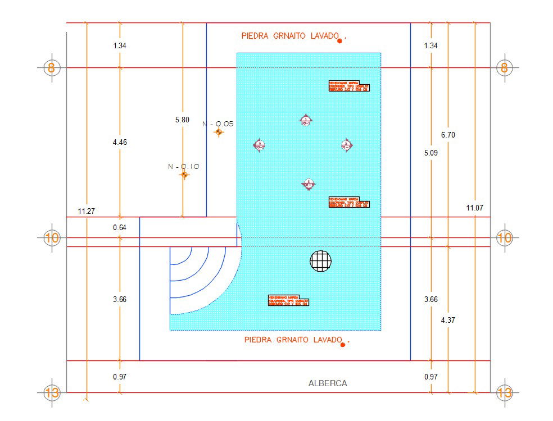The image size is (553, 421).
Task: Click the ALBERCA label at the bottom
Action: pyautogui.click(x=328, y=383)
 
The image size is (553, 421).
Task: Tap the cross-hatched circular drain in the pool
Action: pyautogui.click(x=320, y=260)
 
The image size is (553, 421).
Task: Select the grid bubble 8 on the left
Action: pyautogui.click(x=52, y=68)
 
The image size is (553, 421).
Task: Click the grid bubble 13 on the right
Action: pyautogui.click(x=504, y=393)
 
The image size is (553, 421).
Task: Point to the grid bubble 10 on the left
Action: pyautogui.click(x=52, y=237)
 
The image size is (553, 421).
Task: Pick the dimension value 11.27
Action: pyautogui.click(x=86, y=211)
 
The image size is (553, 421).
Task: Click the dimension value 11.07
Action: pyautogui.click(x=475, y=208)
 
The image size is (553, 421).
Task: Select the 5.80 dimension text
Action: pyautogui.click(x=182, y=120)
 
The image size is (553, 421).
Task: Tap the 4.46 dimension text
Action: pyautogui.click(x=119, y=143)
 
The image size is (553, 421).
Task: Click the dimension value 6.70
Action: pyautogui.click(x=447, y=135)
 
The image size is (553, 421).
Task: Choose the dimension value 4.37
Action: pyautogui.click(x=447, y=320)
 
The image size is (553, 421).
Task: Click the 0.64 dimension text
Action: pyautogui.click(x=119, y=227)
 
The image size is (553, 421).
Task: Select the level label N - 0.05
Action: pyautogui.click(x=217, y=123)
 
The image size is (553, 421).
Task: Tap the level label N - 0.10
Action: pyautogui.click(x=184, y=166)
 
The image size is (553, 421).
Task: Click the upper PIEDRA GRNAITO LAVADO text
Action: pyautogui.click(x=289, y=36)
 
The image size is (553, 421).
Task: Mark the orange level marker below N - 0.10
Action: pyautogui.click(x=184, y=175)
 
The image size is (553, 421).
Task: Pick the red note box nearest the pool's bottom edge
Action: pyautogui.click(x=289, y=301)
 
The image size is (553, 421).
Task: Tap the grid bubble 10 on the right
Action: pyautogui.click(x=504, y=237)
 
